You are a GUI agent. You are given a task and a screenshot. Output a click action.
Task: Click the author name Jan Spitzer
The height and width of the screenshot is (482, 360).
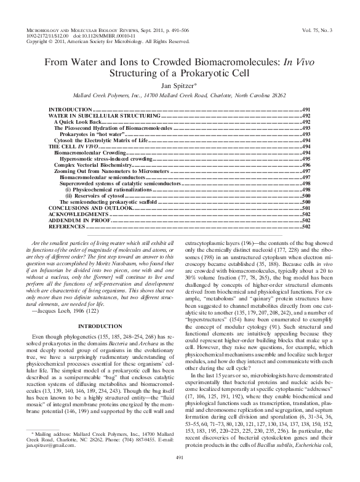179,86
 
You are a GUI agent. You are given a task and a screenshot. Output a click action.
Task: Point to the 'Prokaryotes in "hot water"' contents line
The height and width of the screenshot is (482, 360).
91,134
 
